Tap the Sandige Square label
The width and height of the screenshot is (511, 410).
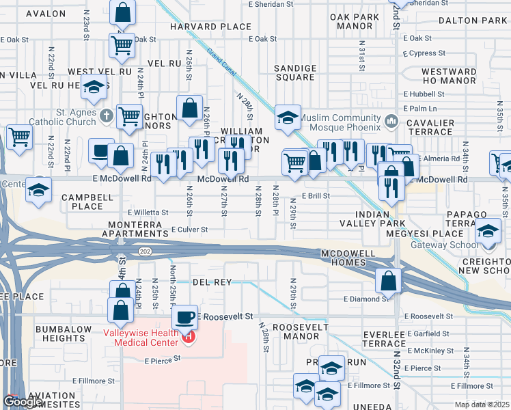point(295,73)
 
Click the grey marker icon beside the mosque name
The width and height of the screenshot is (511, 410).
point(391,122)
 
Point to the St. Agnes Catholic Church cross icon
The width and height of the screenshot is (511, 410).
point(106,115)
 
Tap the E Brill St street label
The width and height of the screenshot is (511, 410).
point(316,195)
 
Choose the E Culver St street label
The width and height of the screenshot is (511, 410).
point(189,230)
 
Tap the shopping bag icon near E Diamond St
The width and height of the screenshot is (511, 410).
point(388,280)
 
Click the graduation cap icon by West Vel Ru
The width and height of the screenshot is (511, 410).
point(94,87)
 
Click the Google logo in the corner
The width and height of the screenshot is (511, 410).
point(23,402)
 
